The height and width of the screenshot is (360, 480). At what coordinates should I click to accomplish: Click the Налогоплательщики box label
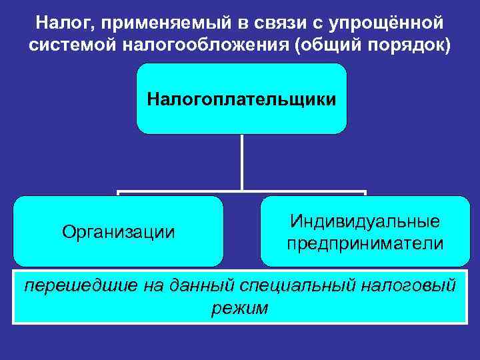[x=241, y=100]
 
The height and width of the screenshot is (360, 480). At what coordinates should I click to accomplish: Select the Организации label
[x=119, y=232]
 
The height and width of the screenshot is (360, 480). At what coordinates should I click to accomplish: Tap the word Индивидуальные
[x=365, y=221]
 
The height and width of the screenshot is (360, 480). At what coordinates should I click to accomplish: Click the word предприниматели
[x=365, y=243]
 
